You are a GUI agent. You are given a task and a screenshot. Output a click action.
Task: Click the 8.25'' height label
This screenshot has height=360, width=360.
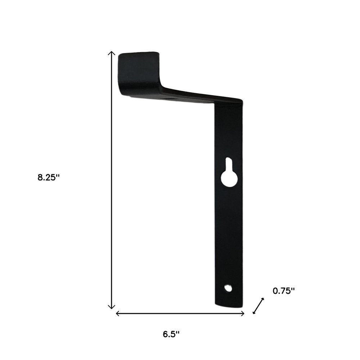click(x=48, y=178)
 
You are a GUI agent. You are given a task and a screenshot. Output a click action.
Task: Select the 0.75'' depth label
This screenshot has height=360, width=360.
click(x=284, y=291)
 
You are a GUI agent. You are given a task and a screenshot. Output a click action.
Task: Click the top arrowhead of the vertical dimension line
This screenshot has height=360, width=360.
click(x=112, y=53)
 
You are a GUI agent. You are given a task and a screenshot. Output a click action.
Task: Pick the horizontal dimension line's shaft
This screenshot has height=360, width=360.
click(x=180, y=314)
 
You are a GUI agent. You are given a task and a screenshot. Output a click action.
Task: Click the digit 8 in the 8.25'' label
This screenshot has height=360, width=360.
click(x=40, y=178)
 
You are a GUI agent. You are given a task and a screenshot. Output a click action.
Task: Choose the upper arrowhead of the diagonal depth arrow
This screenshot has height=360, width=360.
click(x=263, y=299)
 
